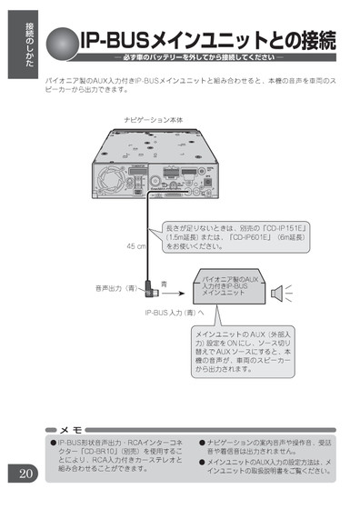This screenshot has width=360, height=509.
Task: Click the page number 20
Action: tap(24, 473)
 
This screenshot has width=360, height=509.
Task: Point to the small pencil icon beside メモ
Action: tap(52, 427)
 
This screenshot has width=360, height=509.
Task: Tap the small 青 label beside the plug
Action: tap(164, 284)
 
